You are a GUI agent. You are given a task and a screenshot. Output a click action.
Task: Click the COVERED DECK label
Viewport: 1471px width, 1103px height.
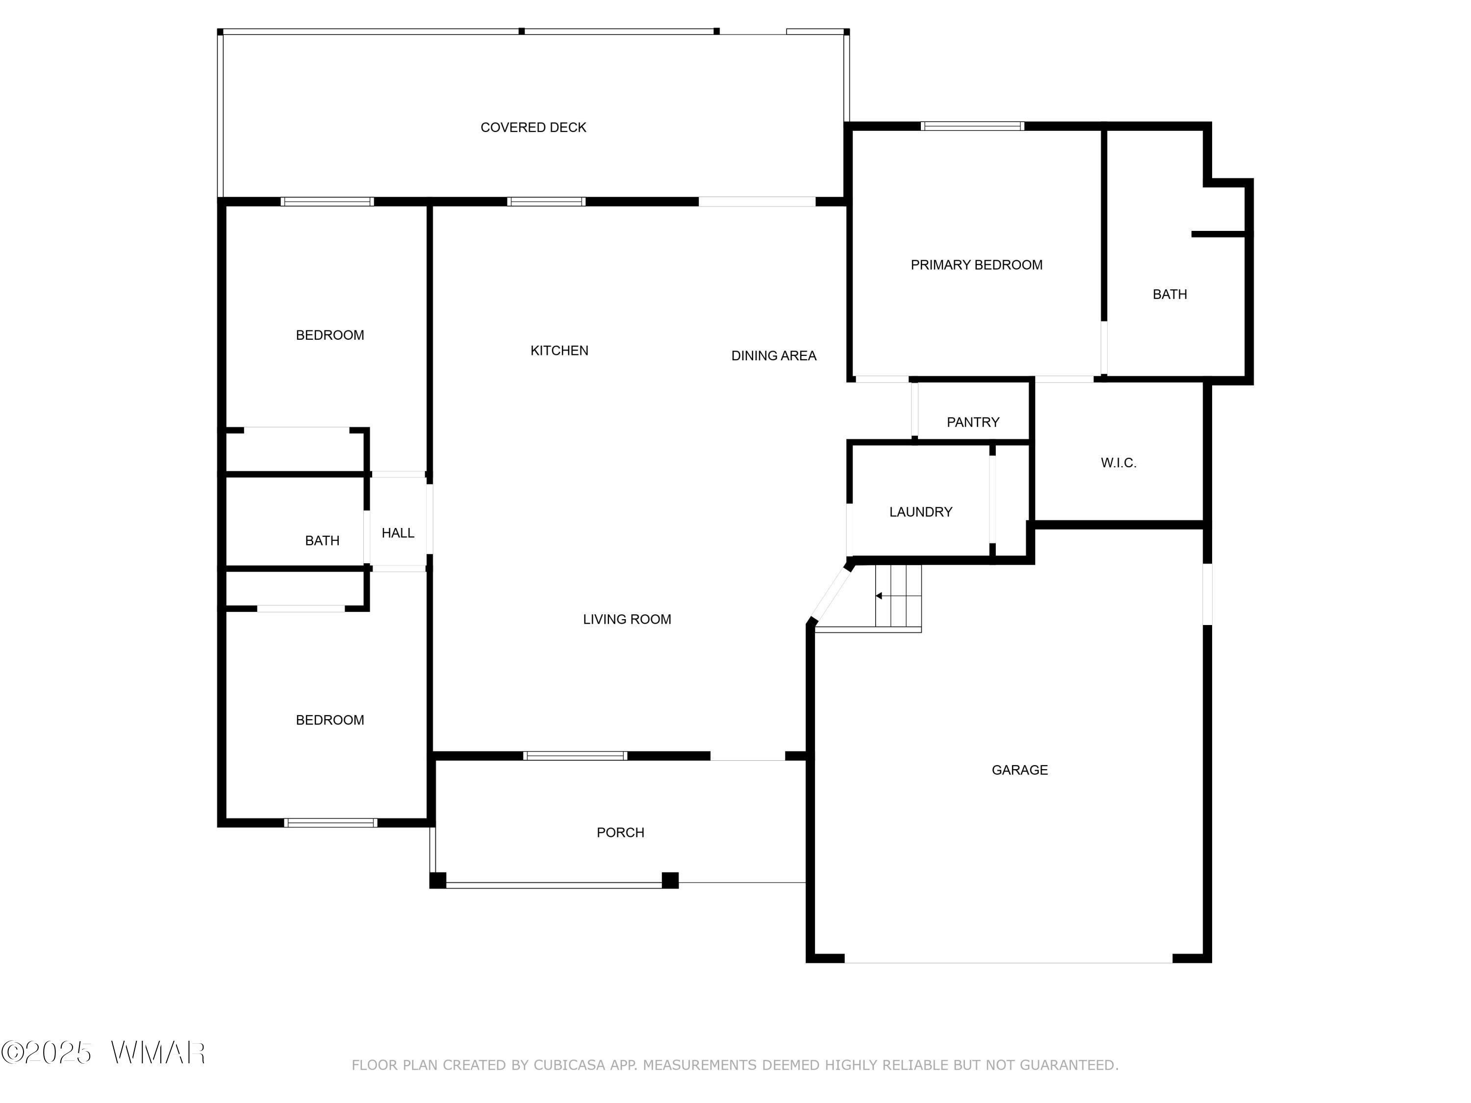(x=533, y=127)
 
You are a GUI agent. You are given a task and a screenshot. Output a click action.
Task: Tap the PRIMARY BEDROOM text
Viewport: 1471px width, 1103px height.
(x=976, y=265)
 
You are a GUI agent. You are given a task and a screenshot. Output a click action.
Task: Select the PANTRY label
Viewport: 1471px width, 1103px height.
(x=973, y=422)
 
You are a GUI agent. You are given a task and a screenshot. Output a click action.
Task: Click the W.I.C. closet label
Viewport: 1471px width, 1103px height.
(x=1118, y=463)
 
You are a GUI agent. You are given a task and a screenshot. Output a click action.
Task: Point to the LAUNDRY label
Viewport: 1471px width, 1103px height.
(x=920, y=512)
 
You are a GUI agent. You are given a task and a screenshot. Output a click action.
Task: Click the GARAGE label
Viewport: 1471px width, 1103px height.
(x=1019, y=770)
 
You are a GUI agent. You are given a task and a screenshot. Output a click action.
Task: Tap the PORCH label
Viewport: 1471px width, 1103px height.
(x=620, y=832)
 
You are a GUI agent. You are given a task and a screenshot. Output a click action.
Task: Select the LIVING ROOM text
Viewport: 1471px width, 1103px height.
(x=627, y=620)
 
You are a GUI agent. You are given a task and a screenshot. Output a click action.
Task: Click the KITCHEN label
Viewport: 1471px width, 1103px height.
(x=559, y=351)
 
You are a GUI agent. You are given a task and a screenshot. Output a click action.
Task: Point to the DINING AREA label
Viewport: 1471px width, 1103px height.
(x=773, y=356)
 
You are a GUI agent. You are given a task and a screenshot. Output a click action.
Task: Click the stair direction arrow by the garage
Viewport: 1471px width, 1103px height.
(x=879, y=596)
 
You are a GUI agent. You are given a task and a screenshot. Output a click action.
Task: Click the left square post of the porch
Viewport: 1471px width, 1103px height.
(x=437, y=880)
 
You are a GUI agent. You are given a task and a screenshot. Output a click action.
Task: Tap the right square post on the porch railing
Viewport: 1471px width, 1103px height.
(x=670, y=880)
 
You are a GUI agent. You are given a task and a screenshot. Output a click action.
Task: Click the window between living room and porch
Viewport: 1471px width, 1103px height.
(x=575, y=756)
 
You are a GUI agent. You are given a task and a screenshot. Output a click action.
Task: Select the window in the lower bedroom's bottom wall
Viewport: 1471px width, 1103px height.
(x=330, y=823)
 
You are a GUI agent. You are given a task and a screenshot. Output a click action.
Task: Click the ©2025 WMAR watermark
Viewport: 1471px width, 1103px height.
(x=103, y=1053)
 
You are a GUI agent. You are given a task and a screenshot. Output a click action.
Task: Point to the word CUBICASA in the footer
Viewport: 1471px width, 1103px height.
(x=570, y=1065)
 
